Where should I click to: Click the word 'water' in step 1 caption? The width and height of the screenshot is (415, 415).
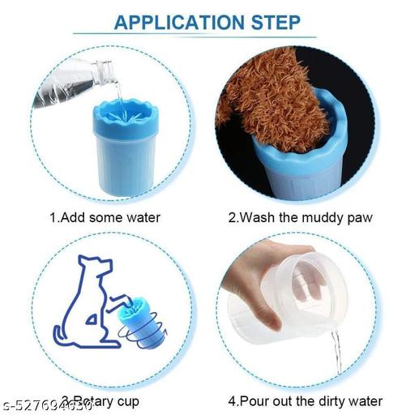coord(143,216)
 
